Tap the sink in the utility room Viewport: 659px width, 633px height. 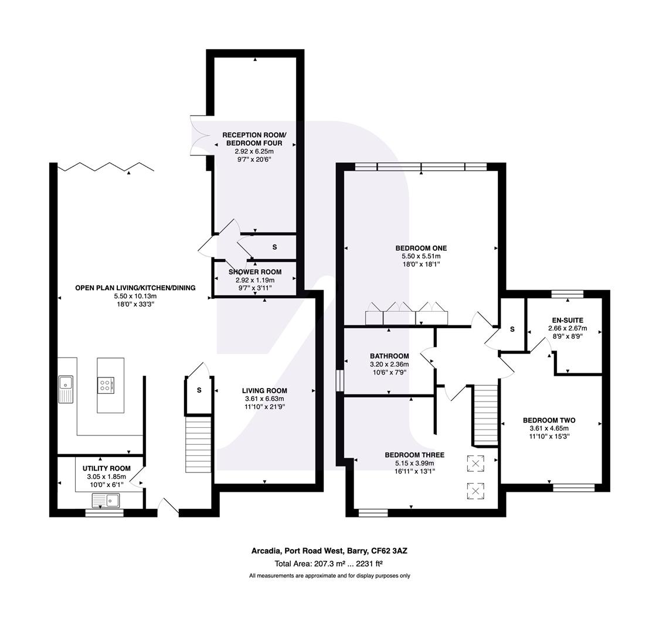click(x=106, y=501)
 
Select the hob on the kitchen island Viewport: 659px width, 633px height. click(x=107, y=385)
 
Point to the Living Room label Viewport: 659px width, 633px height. click(x=264, y=390)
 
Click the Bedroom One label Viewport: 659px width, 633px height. click(x=420, y=248)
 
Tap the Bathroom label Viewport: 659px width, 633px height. click(x=389, y=356)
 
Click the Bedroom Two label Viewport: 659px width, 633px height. click(x=549, y=420)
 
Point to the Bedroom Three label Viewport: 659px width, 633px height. click(x=414, y=455)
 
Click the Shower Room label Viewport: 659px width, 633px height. click(x=254, y=272)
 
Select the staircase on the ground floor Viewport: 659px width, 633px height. click(x=198, y=444)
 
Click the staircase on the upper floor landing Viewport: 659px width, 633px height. click(x=485, y=414)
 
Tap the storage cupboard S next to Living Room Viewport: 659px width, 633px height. click(x=199, y=390)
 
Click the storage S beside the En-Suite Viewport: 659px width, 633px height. click(x=512, y=329)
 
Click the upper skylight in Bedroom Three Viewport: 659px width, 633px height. click(x=475, y=464)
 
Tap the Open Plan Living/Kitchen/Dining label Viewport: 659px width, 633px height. click(x=135, y=288)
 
